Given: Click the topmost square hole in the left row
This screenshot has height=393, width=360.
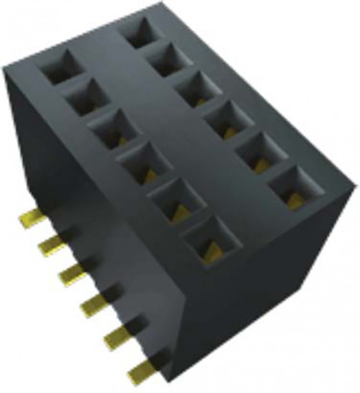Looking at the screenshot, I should point(61,67).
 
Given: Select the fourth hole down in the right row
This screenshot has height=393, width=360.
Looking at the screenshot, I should point(225,119).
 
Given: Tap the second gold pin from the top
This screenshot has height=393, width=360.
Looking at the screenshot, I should point(53,244).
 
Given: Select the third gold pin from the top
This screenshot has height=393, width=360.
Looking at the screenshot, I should point(72,272).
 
